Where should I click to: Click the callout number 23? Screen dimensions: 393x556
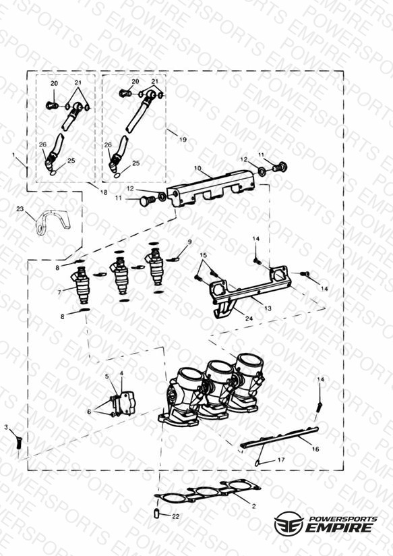tap(20, 209)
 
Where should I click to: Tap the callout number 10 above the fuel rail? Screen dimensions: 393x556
tap(198, 168)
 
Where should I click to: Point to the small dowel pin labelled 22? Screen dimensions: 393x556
tap(156, 513)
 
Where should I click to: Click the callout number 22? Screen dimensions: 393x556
tap(175, 516)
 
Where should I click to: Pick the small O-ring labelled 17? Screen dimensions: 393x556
tap(258, 463)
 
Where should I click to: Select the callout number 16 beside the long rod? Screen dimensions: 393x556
tap(315, 449)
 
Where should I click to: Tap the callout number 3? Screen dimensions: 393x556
tap(6, 427)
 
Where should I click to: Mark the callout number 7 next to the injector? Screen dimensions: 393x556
tap(59, 293)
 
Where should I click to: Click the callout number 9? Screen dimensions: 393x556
tap(189, 242)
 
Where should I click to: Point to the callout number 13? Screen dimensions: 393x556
tap(268, 308)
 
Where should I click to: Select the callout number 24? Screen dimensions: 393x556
tap(249, 318)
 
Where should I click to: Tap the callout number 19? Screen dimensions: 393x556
tap(183, 140)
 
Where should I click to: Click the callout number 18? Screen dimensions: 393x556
tap(104, 192)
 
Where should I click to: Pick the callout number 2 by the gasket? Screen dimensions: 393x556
tap(253, 506)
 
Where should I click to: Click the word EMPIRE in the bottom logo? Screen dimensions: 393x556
tap(339, 527)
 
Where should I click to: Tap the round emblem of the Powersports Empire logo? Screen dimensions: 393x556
tap(289, 523)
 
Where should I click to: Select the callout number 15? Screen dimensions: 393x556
tap(203, 255)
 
